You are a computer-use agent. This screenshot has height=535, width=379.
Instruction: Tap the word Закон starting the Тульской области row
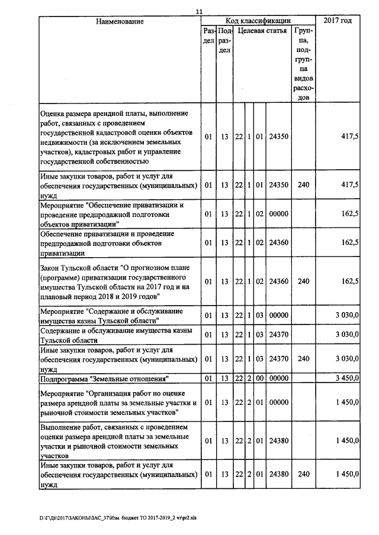[51, 267]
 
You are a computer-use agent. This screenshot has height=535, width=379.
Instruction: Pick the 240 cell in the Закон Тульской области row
[304, 281]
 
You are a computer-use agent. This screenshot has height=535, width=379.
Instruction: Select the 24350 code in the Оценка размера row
[278, 137]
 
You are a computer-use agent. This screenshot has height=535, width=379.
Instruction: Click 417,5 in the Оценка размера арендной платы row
[349, 137]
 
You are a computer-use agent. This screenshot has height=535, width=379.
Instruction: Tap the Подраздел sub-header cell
[224, 41]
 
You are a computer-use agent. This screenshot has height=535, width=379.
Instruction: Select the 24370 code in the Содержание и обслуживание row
[278, 335]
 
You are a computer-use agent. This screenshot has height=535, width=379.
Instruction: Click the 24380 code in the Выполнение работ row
[278, 440]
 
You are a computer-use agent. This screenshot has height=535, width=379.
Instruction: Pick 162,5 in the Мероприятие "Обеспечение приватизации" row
[349, 213]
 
